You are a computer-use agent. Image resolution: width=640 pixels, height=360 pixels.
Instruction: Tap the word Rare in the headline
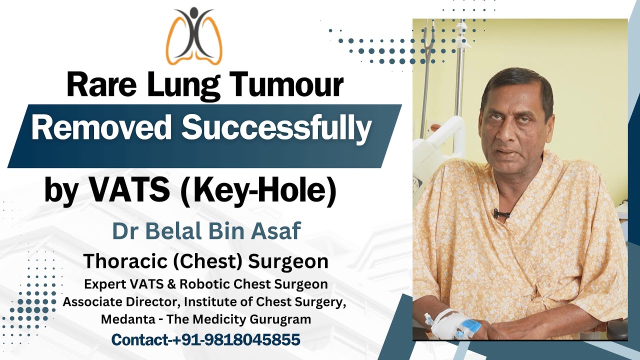coord(92,85)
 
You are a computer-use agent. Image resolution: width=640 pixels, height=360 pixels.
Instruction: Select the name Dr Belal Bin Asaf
coord(206,231)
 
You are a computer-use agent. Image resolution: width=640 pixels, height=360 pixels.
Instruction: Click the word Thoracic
coord(120,261)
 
